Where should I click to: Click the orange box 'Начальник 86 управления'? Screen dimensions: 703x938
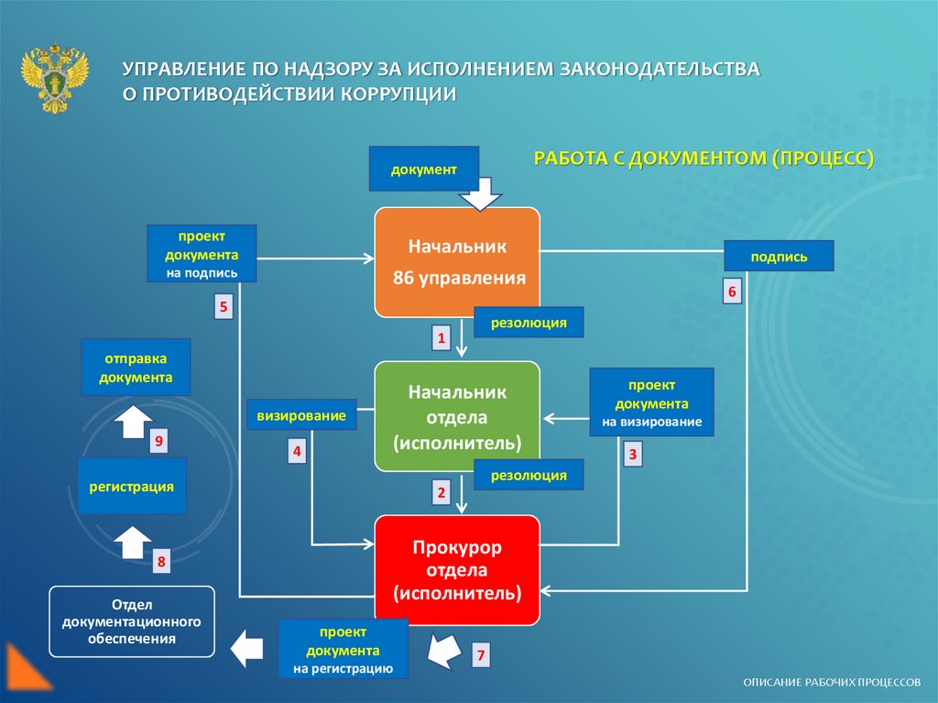pyautogui.click(x=457, y=262)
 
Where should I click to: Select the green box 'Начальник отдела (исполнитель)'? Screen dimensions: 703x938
pyautogui.click(x=457, y=416)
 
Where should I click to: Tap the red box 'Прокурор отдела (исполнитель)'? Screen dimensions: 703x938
pyautogui.click(x=457, y=570)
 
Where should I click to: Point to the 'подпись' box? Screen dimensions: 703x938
pyautogui.click(x=779, y=256)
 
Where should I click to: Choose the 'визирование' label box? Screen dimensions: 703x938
pyautogui.click(x=300, y=415)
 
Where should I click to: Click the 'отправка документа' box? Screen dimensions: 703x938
pyautogui.click(x=136, y=367)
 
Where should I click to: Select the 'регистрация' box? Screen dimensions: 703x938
pyautogui.click(x=132, y=486)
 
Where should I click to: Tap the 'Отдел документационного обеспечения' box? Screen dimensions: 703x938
pyautogui.click(x=132, y=621)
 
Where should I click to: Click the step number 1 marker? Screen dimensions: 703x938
pyautogui.click(x=441, y=339)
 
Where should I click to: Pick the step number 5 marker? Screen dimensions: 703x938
pyautogui.click(x=224, y=306)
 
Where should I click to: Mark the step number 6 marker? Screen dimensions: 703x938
pyautogui.click(x=732, y=291)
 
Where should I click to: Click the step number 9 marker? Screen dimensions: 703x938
pyautogui.click(x=158, y=443)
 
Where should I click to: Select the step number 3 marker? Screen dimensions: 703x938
pyautogui.click(x=631, y=453)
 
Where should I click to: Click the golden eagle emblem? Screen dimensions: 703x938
pyautogui.click(x=55, y=76)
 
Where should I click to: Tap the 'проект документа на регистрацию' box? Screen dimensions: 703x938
pyautogui.click(x=344, y=650)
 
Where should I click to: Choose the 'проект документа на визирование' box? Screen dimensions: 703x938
pyautogui.click(x=651, y=401)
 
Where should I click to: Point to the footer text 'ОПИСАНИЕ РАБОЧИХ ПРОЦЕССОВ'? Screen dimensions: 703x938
pyautogui.click(x=832, y=683)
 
